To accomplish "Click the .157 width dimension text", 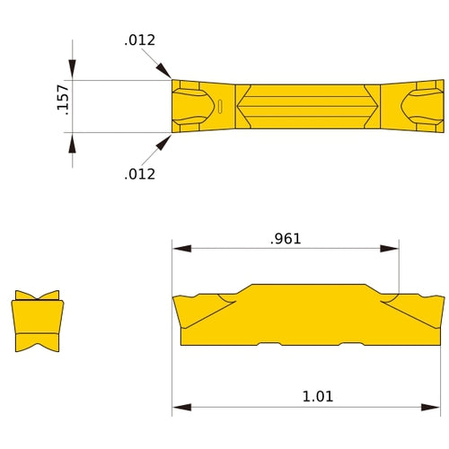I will (61, 106).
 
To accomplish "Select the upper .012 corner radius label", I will (139, 40).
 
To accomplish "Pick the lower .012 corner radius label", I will (139, 173).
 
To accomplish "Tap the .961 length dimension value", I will (286, 239).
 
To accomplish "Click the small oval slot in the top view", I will (220, 107).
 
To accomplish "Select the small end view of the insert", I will (37, 321).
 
